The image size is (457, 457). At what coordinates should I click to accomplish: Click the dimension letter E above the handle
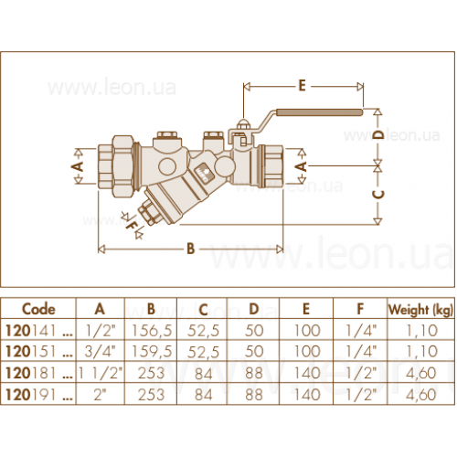click(302, 86)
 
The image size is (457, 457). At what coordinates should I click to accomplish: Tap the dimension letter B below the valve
click(190, 249)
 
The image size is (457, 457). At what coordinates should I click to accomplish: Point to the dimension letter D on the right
click(379, 135)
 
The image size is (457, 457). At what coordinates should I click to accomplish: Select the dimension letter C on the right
click(379, 194)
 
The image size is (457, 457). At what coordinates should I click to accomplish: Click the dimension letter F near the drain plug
click(132, 226)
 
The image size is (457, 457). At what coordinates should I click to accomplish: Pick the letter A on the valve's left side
click(79, 166)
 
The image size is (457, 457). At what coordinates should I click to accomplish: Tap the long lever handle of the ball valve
click(319, 112)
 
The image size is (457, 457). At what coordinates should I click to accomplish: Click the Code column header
click(38, 309)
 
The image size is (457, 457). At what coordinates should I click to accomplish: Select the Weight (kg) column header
click(421, 310)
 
